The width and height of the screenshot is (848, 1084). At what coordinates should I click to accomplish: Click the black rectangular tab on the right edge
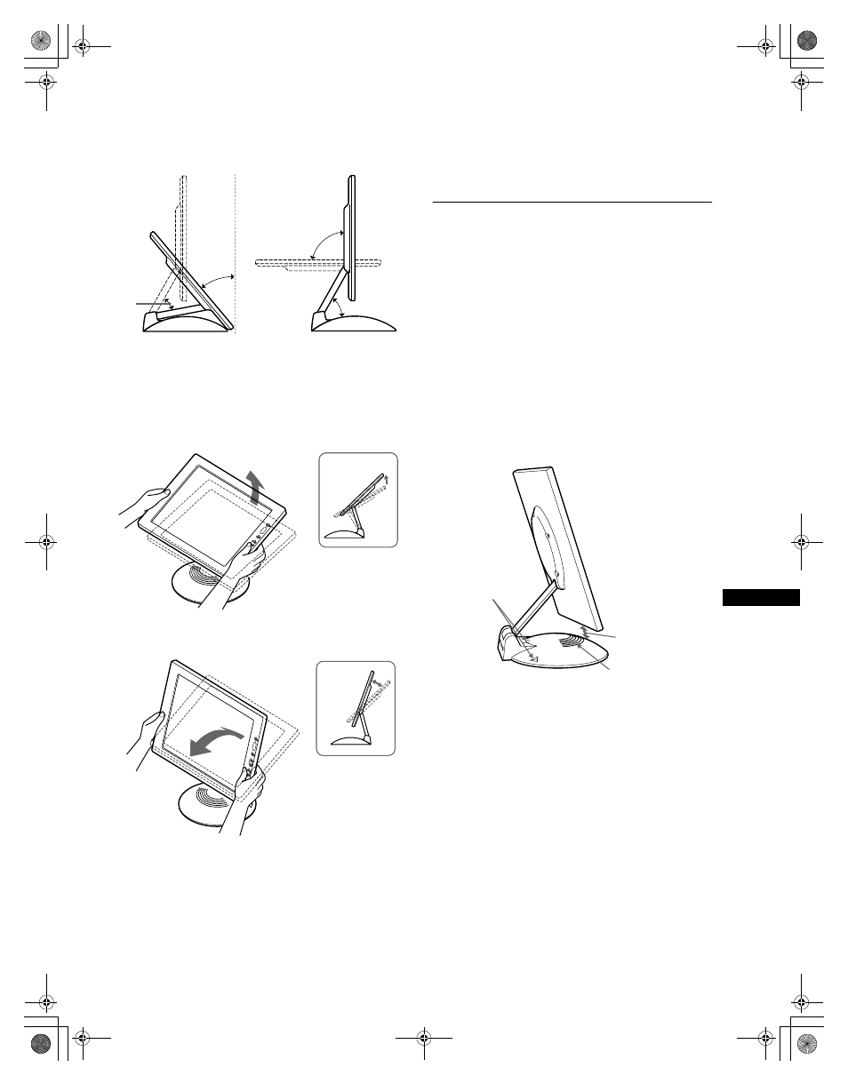pos(761,597)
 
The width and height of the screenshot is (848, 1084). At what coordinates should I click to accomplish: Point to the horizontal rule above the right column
pos(572,202)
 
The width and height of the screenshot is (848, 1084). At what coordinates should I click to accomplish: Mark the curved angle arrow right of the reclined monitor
pos(216,283)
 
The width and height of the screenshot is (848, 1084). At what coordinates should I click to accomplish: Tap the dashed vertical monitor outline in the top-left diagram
pos(181,231)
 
